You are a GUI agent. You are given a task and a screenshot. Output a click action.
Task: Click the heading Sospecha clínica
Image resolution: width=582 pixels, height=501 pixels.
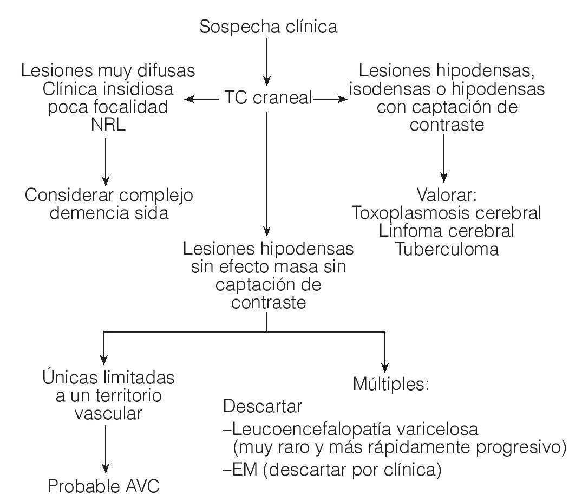coord(268,27)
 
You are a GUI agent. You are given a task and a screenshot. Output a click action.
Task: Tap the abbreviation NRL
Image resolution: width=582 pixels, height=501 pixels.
coord(107,126)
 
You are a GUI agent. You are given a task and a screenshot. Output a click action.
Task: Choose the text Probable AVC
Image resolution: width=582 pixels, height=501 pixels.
coord(103,486)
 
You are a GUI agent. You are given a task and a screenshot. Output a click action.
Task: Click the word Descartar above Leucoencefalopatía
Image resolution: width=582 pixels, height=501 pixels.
coord(263,406)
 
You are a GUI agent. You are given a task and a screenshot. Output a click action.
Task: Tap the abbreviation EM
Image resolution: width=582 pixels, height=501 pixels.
coord(241,468)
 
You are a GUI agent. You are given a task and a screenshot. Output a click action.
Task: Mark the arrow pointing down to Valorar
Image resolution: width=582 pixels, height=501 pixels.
coord(444,157)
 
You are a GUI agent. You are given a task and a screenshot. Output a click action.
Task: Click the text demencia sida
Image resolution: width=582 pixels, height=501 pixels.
coord(109,213)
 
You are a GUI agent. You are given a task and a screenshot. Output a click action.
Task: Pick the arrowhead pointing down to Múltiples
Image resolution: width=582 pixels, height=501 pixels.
coord(384,363)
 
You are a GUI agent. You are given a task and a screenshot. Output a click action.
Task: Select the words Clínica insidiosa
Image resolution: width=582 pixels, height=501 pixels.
coord(108,89)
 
